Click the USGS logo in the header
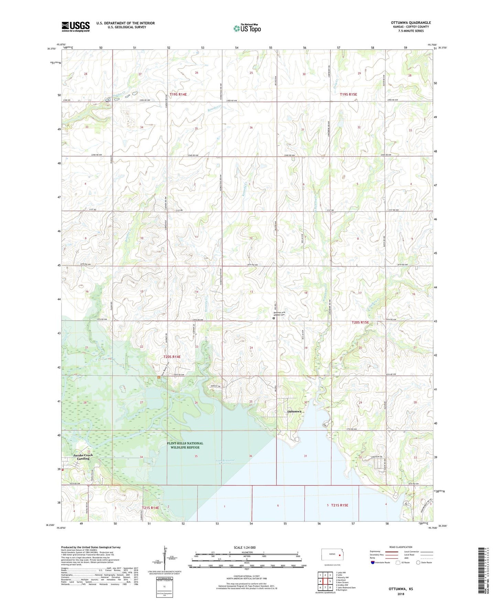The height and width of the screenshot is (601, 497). click(76, 26)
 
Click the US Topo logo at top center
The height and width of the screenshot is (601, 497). click(247, 28)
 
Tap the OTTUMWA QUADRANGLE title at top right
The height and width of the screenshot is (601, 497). click(411, 23)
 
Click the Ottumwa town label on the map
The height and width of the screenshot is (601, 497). click(294, 411)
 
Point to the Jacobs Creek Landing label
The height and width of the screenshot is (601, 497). click(83, 457)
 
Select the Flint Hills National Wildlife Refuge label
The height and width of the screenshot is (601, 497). click(185, 445)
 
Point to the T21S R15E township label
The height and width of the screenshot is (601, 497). click(339, 505)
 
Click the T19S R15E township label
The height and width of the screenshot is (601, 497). click(348, 94)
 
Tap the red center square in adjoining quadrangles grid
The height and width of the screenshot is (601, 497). click(325, 581)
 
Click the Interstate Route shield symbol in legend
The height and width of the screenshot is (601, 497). click(374, 562)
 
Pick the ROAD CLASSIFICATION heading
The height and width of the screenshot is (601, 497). click(401, 547)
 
